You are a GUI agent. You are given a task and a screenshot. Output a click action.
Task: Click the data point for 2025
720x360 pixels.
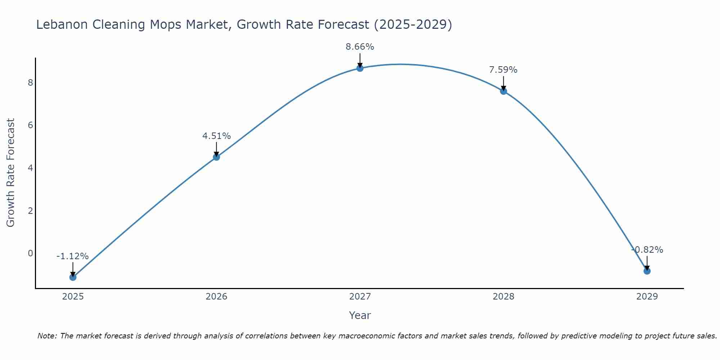tap(73, 277)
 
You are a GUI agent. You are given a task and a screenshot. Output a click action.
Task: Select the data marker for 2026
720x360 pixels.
tap(216, 157)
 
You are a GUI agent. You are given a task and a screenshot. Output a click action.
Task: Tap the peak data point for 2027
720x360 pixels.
tap(360, 68)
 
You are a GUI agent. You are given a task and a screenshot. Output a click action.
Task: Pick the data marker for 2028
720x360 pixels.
tap(503, 91)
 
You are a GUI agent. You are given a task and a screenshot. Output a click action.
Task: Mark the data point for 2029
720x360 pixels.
tap(647, 271)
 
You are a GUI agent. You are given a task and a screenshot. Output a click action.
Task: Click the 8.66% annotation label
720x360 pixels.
tap(360, 47)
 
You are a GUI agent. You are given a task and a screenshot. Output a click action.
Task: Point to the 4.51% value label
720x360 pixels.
tap(216, 136)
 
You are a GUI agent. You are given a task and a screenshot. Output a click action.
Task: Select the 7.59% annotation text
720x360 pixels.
tap(503, 70)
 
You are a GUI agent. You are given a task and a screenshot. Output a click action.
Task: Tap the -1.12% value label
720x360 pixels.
tap(73, 256)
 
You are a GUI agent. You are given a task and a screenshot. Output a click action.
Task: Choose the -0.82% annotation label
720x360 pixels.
tap(647, 250)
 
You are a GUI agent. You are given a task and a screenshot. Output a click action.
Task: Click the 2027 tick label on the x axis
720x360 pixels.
tap(360, 297)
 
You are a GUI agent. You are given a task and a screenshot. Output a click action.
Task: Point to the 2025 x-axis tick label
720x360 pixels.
tap(73, 297)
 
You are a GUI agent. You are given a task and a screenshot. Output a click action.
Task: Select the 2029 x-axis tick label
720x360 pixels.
tap(647, 297)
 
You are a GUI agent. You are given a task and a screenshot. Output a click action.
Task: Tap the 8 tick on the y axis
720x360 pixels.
tap(30, 83)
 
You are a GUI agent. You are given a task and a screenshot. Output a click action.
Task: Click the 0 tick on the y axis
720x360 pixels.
tap(30, 253)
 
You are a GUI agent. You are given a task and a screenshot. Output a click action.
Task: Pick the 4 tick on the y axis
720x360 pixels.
tap(30, 168)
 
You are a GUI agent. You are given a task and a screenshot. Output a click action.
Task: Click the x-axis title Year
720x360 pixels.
tap(360, 315)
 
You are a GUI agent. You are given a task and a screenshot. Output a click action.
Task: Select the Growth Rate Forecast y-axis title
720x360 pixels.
tap(11, 173)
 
